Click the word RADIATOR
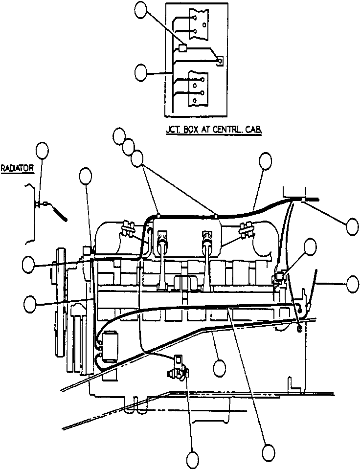17,168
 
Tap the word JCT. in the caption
173,130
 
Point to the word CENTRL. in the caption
228,130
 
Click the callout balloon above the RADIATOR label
42,151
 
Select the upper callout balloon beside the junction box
141,7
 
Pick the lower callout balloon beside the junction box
141,73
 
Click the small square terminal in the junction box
220,61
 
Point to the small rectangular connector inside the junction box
182,48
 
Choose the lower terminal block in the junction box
198,89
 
